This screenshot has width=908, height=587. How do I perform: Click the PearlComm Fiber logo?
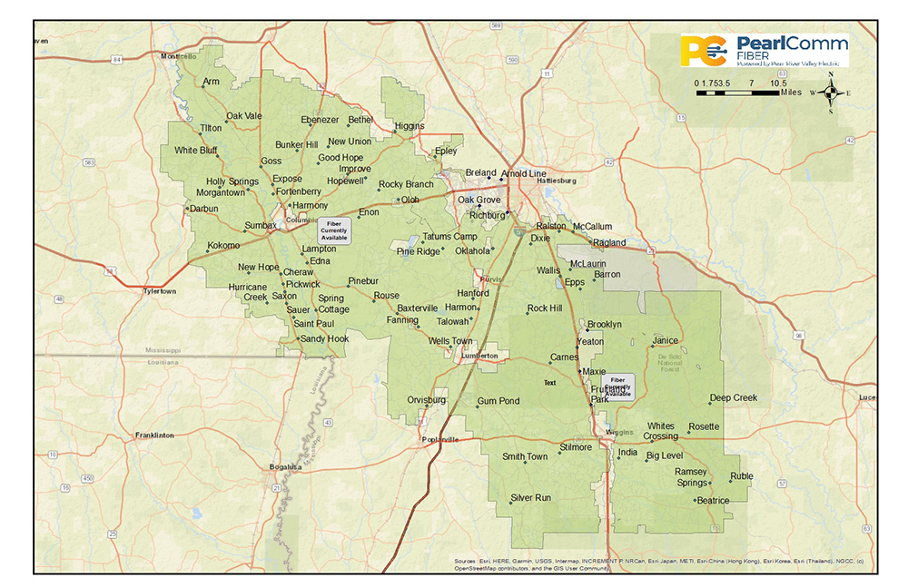(x=765, y=50)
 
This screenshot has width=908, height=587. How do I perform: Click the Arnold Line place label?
(x=524, y=173)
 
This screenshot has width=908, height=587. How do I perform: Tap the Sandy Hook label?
(x=324, y=338)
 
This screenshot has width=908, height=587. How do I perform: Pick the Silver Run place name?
(x=530, y=497)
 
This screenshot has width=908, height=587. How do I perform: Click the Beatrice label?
(x=713, y=500)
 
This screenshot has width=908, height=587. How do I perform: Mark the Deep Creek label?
(x=733, y=397)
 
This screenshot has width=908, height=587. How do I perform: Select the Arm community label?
(x=212, y=82)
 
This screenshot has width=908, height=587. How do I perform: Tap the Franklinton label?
(x=154, y=435)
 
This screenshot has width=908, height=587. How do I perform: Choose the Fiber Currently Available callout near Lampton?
(x=333, y=230)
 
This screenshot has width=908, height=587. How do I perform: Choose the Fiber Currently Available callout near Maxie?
(x=618, y=386)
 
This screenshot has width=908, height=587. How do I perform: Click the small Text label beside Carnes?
(x=549, y=383)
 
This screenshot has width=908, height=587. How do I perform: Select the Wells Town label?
(x=450, y=341)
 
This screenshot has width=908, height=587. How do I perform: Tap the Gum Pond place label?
(x=498, y=401)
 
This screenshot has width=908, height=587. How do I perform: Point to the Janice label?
(x=665, y=341)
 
